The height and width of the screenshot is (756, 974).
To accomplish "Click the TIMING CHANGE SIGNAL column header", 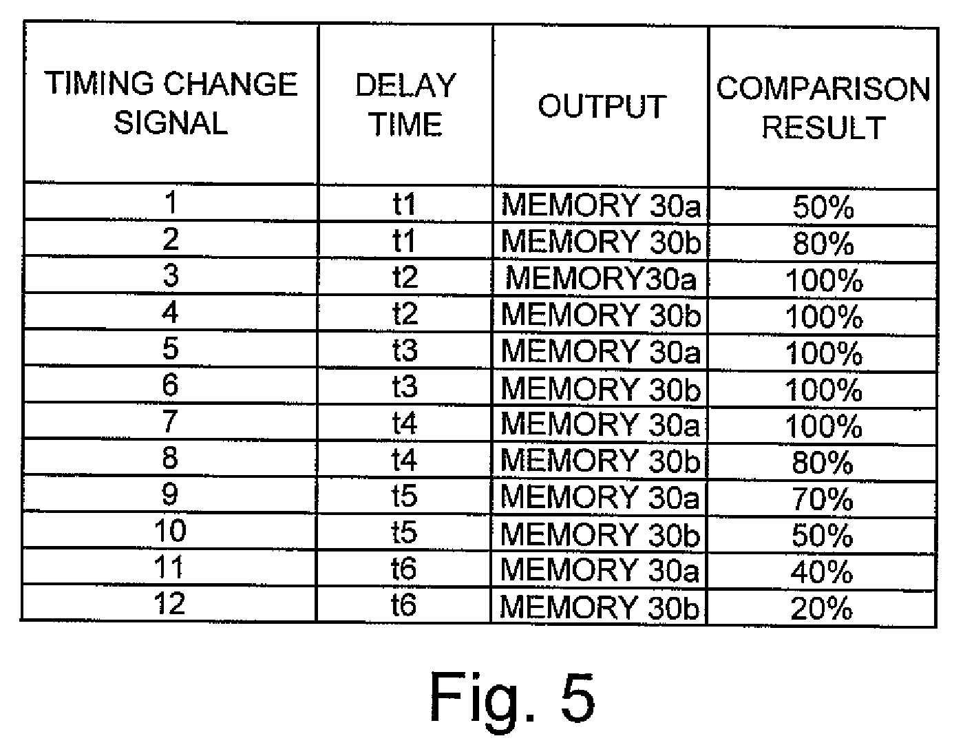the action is point(171,103).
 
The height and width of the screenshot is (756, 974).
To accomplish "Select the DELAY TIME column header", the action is point(405,105).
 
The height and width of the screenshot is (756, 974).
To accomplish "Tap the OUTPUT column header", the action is point(602,107).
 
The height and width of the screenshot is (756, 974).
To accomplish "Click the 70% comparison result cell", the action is point(823,498).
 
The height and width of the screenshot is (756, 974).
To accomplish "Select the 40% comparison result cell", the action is point(822,571).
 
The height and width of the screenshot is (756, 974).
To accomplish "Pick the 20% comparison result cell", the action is point(822,609).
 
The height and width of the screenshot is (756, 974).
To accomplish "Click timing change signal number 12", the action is point(169,603).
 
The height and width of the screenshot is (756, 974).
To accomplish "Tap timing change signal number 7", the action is point(170,421).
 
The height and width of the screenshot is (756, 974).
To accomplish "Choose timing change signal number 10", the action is point(170,530).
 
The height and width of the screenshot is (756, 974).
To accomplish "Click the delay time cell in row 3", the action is point(405,277).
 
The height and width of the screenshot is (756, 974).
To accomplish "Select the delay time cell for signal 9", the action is point(404,496).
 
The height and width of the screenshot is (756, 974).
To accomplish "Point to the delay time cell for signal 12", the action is point(404,605).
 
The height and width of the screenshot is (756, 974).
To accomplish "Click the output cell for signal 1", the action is point(601,204).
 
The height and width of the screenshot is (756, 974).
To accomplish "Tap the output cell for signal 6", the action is point(600,388).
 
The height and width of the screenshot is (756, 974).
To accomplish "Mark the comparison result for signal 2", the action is point(823,243).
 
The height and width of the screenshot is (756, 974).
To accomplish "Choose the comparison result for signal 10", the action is point(823,535).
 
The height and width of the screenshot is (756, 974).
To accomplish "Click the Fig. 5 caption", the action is point(512,697).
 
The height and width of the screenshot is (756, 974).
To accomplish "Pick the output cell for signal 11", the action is point(600,569).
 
